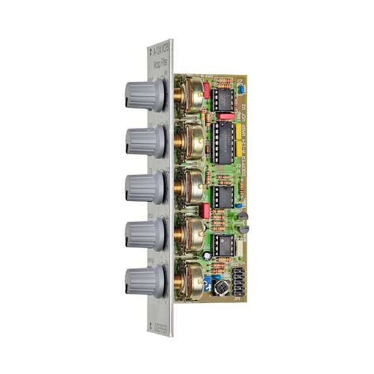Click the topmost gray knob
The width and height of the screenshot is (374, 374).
143,95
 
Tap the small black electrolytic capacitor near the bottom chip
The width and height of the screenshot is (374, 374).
207,255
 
